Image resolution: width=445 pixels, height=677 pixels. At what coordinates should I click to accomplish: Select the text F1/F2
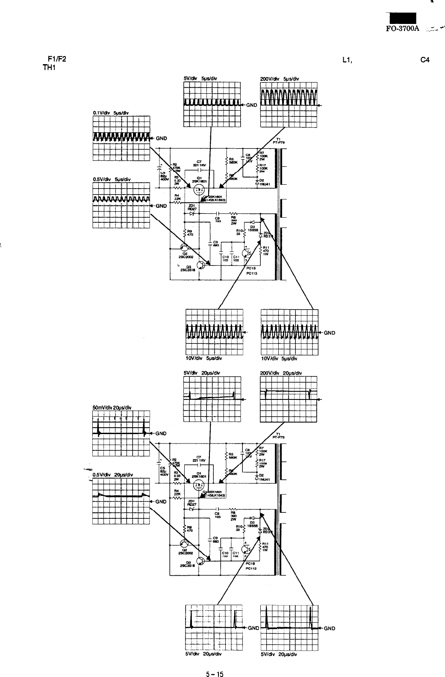pyautogui.click(x=56, y=59)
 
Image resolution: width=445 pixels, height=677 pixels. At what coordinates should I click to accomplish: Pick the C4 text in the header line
pyautogui.click(x=424, y=60)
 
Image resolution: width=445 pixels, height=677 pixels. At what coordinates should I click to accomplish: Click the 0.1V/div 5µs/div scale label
pyautogui.click(x=111, y=113)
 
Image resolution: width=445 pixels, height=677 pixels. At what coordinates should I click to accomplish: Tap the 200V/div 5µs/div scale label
pyautogui.click(x=280, y=78)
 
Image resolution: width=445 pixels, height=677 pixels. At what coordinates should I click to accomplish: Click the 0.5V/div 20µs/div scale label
pyautogui.click(x=112, y=475)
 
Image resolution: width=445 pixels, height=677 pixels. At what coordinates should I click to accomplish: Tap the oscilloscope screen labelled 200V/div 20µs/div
pyautogui.click(x=288, y=399)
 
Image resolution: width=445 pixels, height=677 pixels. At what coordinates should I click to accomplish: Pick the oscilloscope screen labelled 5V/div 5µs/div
pyautogui.click(x=212, y=104)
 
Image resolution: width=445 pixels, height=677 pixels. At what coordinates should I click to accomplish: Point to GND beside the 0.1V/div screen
pyautogui.click(x=161, y=138)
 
